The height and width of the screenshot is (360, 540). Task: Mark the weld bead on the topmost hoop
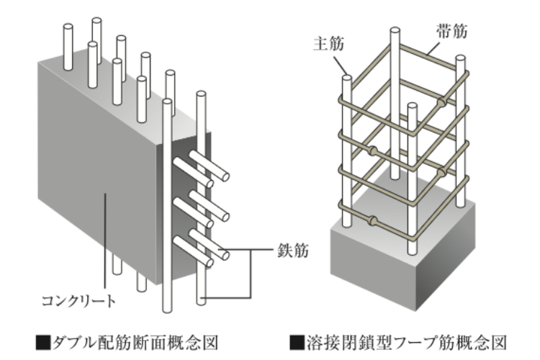click(x=441, y=104)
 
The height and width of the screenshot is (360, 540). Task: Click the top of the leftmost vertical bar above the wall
click(x=68, y=28)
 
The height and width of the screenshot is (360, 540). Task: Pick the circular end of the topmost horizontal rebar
click(x=225, y=176)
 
